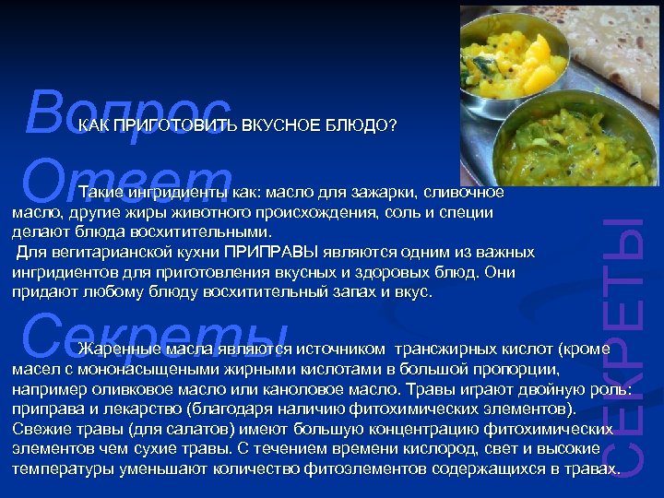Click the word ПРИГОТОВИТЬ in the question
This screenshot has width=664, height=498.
click(x=174, y=125)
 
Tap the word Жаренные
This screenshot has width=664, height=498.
click(x=121, y=349)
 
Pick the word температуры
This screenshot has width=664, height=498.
click(x=64, y=468)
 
